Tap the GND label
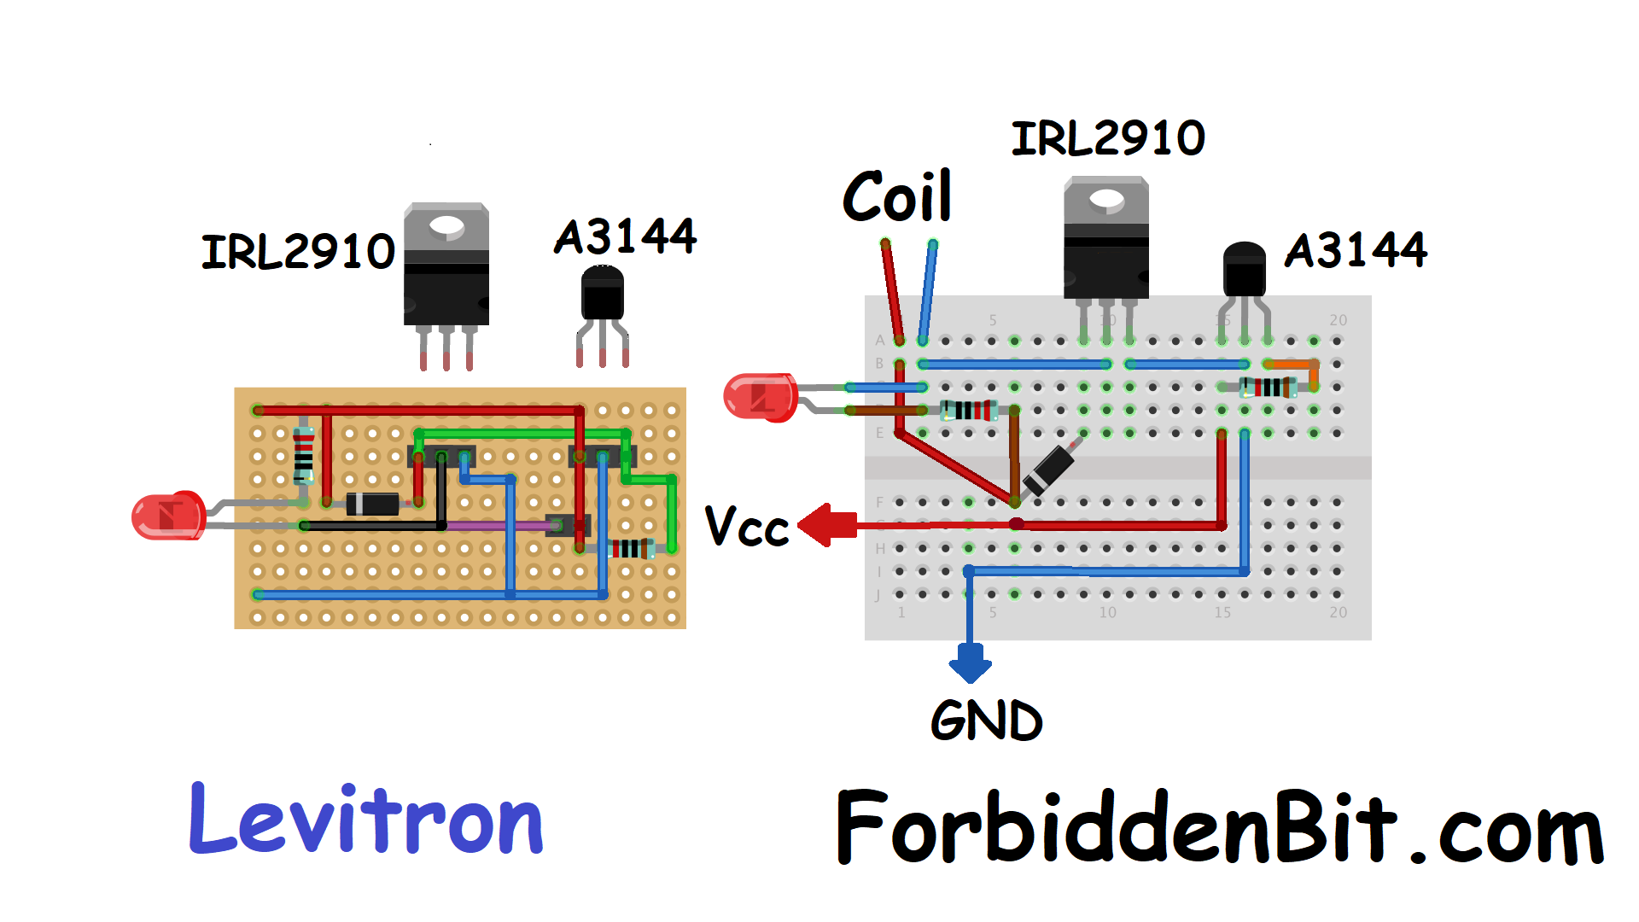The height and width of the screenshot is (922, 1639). tap(986, 721)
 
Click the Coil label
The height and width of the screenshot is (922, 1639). tap(897, 196)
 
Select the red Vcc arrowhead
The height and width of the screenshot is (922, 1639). tap(821, 524)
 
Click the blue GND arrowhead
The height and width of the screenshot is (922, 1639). tap(970, 665)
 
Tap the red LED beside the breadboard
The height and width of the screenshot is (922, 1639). tap(759, 397)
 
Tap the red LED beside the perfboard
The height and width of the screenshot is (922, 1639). tap(168, 516)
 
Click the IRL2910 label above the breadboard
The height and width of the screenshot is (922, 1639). tap(1108, 138)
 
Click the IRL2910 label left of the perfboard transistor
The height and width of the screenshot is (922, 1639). tap(298, 252)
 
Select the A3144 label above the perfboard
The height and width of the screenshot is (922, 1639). tap(626, 236)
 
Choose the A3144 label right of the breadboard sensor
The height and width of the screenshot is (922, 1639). tap(1356, 250)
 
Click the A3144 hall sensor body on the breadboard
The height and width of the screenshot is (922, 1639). tap(1244, 271)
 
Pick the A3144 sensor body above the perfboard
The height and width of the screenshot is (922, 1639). tap(603, 294)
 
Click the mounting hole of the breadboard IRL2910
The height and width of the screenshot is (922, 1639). tap(1106, 200)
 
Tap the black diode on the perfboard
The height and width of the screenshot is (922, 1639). tap(373, 504)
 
